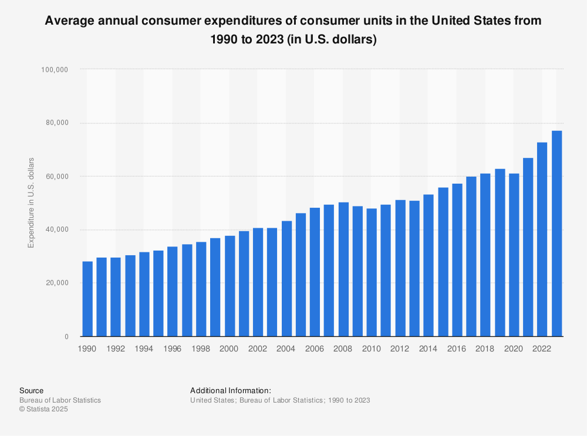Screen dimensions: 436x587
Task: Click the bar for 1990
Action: coord(87,299)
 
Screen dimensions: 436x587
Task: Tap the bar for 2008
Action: coord(343,269)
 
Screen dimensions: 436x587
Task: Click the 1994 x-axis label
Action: coord(144,349)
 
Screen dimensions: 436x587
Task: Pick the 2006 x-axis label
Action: coord(315,349)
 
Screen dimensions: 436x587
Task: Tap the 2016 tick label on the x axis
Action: coord(457,349)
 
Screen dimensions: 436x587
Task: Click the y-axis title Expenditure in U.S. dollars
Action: coord(31,202)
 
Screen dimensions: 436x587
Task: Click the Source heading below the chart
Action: coord(31,390)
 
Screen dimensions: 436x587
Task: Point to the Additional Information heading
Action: coord(231,390)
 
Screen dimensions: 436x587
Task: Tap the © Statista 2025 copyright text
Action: coord(43,410)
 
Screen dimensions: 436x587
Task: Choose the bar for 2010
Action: coord(372,272)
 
